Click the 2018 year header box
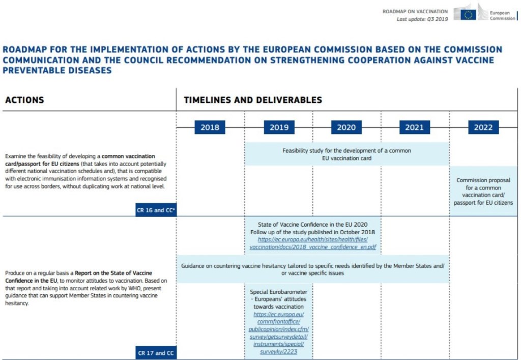tap(210, 127)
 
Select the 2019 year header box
tap(279, 127)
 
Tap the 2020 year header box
tap(346, 127)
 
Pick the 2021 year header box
tap(414, 127)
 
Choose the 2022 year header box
tap(483, 127)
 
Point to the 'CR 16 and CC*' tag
tap(156, 210)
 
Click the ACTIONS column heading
tap(24, 100)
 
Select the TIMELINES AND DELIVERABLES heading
tap(253, 100)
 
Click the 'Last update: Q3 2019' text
tap(422, 19)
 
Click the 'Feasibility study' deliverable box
tap(346, 154)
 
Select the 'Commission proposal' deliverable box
tap(483, 191)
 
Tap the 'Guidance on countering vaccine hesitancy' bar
tap(313, 269)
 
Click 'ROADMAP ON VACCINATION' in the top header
tap(415, 11)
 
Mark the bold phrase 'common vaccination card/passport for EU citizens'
tap(76, 160)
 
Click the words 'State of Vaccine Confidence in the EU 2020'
tap(313, 225)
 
